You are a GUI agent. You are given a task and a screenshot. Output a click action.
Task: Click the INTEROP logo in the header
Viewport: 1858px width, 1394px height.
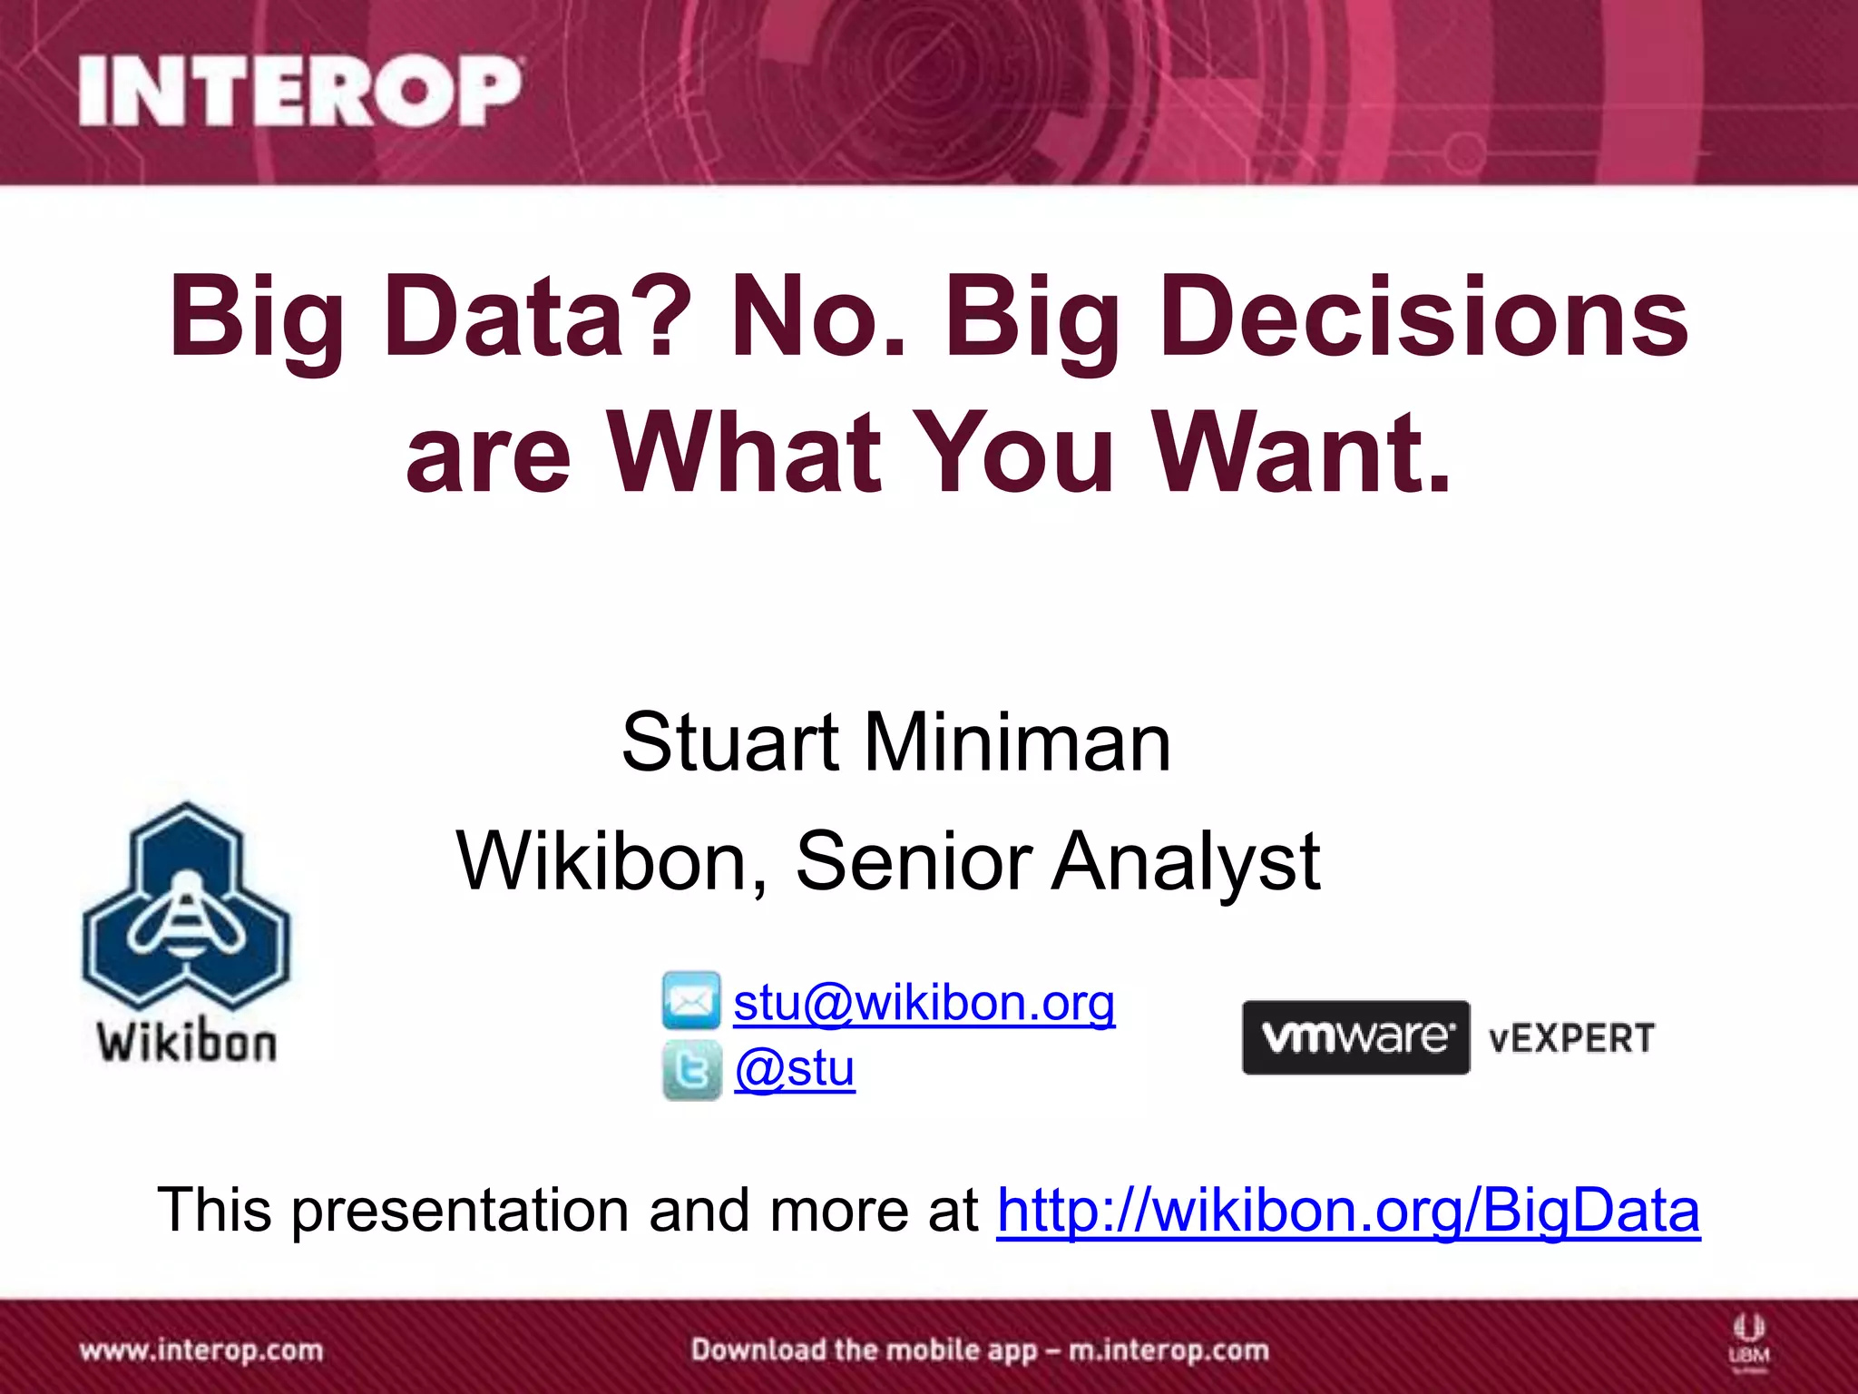click(x=299, y=91)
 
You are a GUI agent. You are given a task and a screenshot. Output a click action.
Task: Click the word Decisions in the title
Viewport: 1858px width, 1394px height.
click(x=1424, y=318)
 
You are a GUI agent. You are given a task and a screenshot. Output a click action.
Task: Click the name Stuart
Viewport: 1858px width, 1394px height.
click(x=730, y=742)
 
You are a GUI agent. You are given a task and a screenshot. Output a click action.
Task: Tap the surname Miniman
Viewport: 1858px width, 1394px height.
click(x=1017, y=742)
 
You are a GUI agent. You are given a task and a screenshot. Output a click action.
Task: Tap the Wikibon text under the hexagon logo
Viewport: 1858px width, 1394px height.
click(x=187, y=1042)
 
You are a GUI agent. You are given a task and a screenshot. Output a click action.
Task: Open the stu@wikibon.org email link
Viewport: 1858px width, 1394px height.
click(x=924, y=1003)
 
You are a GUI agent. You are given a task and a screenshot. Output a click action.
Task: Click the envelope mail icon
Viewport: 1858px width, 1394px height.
click(x=691, y=1001)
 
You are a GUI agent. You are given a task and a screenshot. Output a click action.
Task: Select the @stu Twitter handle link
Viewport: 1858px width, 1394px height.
click(x=795, y=1068)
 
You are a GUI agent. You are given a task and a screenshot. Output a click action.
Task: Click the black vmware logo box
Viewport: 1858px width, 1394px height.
click(x=1355, y=1037)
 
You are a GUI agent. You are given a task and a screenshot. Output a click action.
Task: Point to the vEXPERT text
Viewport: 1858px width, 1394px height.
click(x=1572, y=1038)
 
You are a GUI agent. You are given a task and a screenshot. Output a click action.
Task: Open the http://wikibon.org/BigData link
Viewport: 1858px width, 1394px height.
click(x=1348, y=1210)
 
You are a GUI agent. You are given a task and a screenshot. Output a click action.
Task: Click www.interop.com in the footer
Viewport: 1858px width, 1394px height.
click(x=201, y=1350)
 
